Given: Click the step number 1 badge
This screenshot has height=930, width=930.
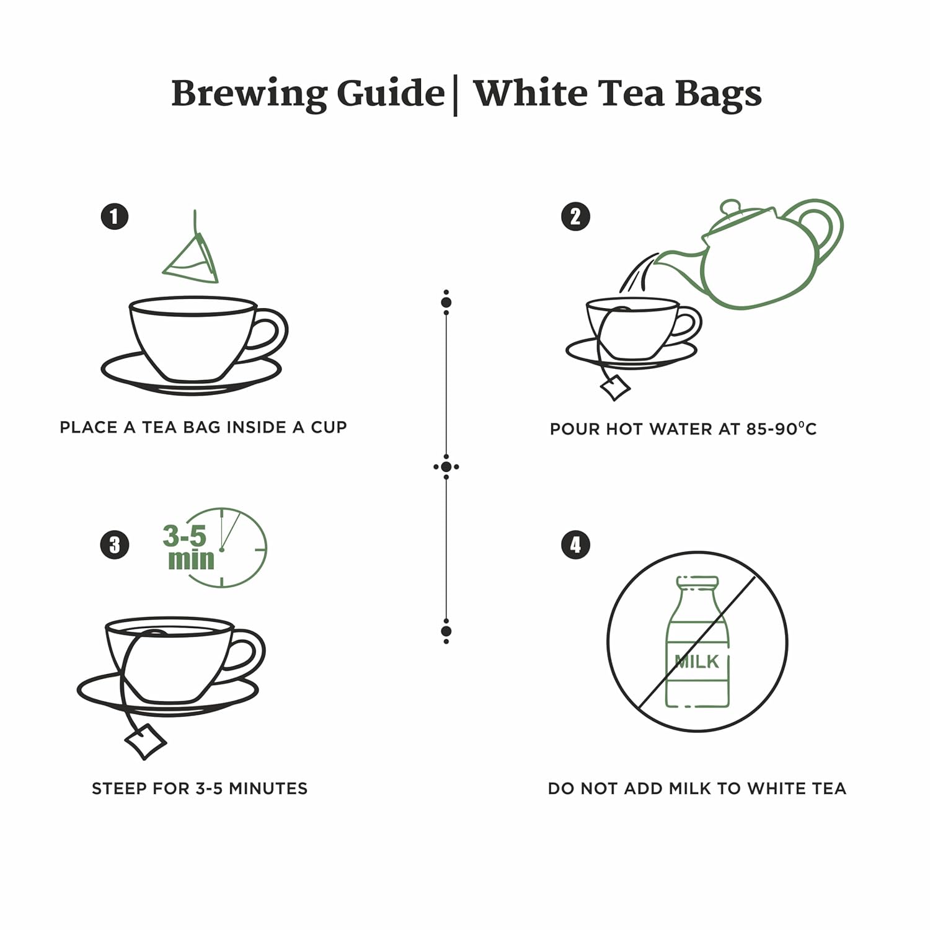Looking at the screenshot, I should click(114, 217).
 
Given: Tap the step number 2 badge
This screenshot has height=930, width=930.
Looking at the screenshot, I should click(575, 217).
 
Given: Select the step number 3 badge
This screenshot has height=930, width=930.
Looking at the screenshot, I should click(114, 545).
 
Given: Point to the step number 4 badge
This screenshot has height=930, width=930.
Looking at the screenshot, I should click(575, 545).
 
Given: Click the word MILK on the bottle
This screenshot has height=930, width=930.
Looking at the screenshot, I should click(697, 662).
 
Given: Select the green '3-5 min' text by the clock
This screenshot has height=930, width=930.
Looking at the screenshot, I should click(187, 547).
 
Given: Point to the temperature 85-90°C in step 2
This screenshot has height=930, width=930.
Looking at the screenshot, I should click(781, 429).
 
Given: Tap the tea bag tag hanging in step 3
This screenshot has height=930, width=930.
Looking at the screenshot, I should click(146, 740).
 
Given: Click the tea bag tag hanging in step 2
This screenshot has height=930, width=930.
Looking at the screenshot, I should click(615, 387).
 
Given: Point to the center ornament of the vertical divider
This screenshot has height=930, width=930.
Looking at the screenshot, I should click(446, 467).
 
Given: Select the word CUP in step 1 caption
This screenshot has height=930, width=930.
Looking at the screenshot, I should click(327, 427).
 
